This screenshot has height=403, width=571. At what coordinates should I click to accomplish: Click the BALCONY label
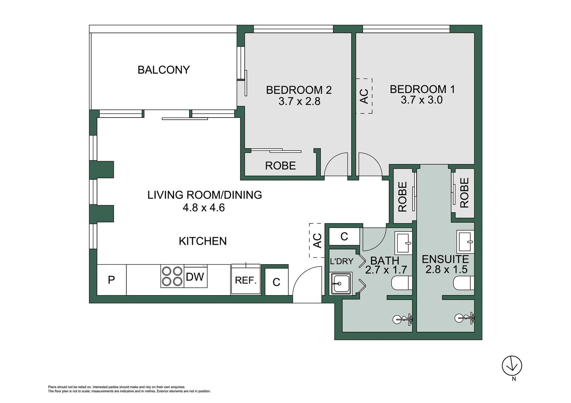[x=164, y=70]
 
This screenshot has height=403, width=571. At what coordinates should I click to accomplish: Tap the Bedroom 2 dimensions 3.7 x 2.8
[x=299, y=101]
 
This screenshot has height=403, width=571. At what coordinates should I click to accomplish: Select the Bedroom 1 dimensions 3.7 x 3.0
[x=422, y=100]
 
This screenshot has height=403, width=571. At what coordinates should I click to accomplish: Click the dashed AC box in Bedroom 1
[x=364, y=96]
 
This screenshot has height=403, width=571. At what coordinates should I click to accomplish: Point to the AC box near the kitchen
[x=317, y=241]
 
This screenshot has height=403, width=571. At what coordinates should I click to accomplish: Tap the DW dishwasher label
[x=195, y=277]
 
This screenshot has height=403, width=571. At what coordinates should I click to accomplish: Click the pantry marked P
[x=112, y=280]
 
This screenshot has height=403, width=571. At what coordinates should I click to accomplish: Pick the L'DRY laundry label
[x=342, y=261]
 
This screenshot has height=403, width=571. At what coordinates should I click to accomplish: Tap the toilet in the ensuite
[x=464, y=283]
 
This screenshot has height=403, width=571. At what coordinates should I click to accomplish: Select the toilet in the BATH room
[x=402, y=283]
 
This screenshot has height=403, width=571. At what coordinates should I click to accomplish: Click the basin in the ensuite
[x=465, y=242]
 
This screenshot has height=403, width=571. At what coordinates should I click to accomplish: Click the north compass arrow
[x=512, y=366]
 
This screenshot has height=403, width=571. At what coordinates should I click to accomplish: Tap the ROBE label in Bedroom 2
[x=280, y=166]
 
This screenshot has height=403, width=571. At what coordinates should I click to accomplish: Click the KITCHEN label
[x=203, y=241]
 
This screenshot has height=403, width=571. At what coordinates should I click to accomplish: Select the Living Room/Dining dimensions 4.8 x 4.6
[x=204, y=207]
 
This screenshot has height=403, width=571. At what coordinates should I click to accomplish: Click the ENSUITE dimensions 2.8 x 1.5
[x=446, y=269]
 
